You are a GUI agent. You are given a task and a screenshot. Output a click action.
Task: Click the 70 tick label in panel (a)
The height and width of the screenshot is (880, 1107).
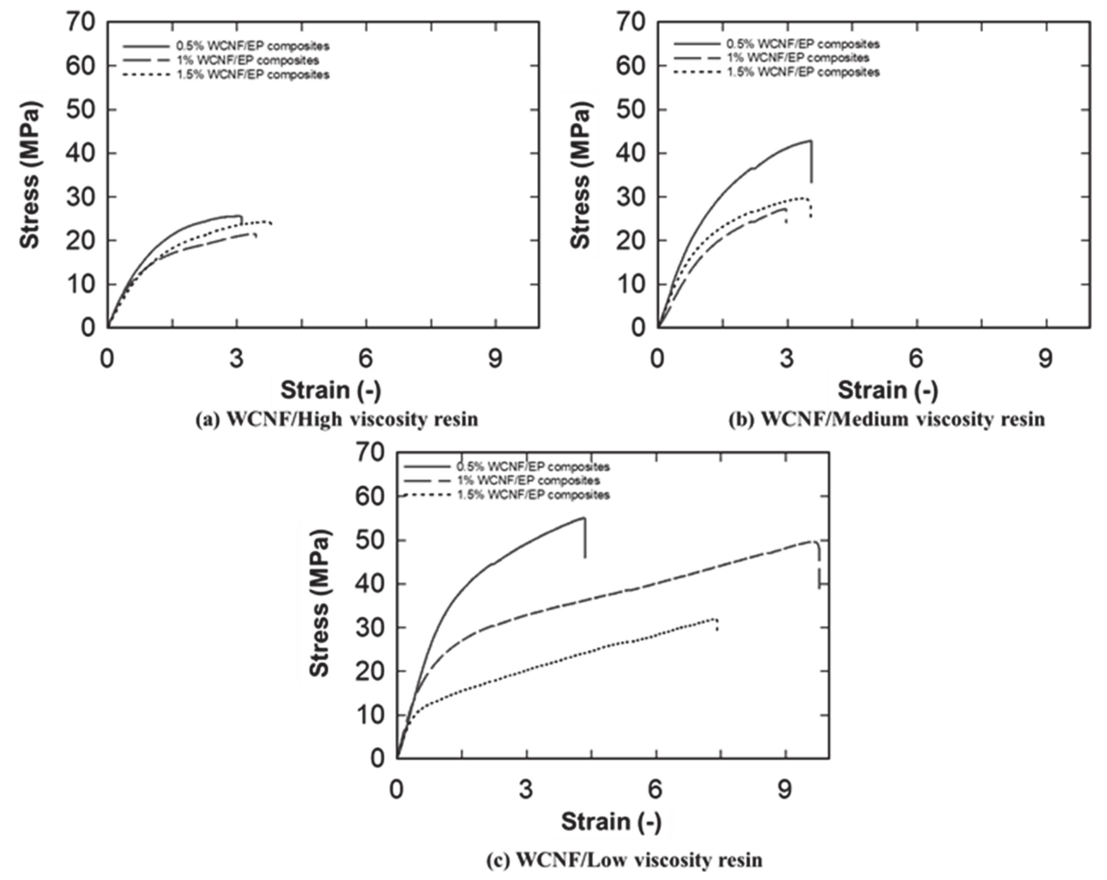(x=81, y=22)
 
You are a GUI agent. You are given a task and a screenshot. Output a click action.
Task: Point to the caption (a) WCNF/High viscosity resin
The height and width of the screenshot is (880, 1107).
(x=337, y=419)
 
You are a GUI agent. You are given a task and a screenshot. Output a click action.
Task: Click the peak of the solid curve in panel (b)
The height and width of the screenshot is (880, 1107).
(x=810, y=141)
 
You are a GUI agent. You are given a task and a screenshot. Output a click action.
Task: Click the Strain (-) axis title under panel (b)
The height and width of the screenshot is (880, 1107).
(x=888, y=390)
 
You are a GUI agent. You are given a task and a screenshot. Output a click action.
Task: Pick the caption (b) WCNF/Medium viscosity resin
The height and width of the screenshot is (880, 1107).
(x=887, y=419)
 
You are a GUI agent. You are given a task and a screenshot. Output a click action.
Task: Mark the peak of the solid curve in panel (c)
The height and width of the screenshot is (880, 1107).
(x=584, y=518)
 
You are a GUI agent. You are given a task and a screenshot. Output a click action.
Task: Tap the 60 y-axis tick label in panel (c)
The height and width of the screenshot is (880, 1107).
(x=370, y=497)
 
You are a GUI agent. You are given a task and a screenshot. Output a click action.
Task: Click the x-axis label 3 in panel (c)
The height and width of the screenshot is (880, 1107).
(x=526, y=790)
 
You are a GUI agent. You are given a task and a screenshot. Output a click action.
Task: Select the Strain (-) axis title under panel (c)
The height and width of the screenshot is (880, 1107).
(x=611, y=821)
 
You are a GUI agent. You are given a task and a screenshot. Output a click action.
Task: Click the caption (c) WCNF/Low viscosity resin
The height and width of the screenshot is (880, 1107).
(x=624, y=860)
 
